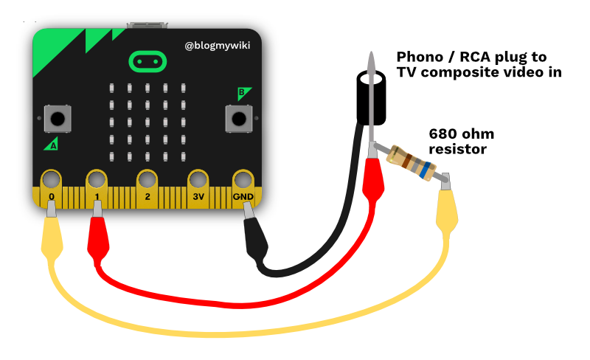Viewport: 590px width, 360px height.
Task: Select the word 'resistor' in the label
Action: [x=457, y=149]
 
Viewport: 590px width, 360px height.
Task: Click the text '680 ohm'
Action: [x=462, y=134]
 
